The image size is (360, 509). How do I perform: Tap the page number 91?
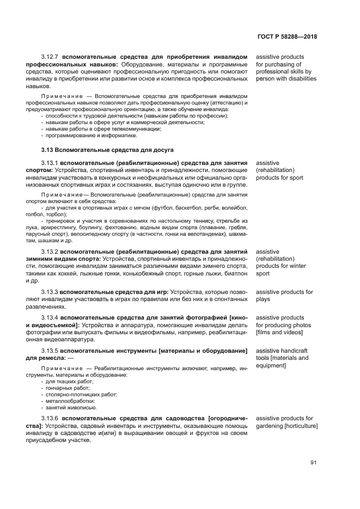pyautogui.click(x=314, y=463)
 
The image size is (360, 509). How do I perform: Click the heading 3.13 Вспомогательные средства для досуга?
pyautogui.click(x=107, y=149)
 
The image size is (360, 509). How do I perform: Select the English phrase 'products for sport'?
pyautogui.click(x=279, y=177)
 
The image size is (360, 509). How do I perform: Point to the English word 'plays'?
pyautogui.click(x=263, y=299)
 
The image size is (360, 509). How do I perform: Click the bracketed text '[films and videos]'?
pyautogui.click(x=281, y=332)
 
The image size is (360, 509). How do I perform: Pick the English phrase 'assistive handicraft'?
pyautogui.click(x=282, y=351)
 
